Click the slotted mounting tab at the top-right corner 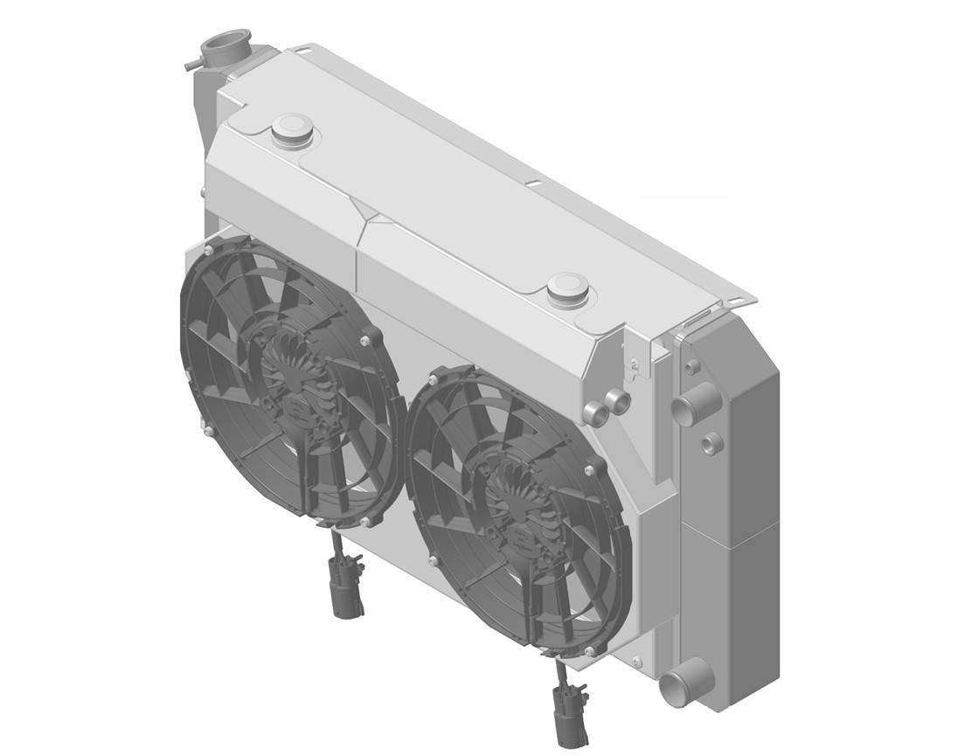pos(739,301)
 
